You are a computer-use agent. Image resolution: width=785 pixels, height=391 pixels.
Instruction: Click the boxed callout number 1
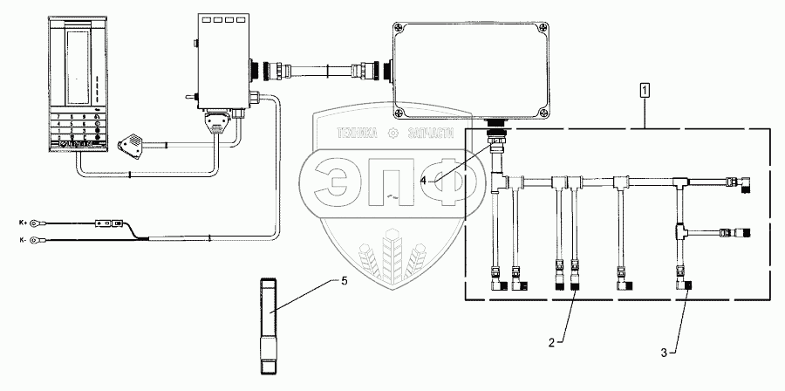point(645,89)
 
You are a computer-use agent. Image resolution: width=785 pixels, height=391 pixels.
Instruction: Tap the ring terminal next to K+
point(35,223)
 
